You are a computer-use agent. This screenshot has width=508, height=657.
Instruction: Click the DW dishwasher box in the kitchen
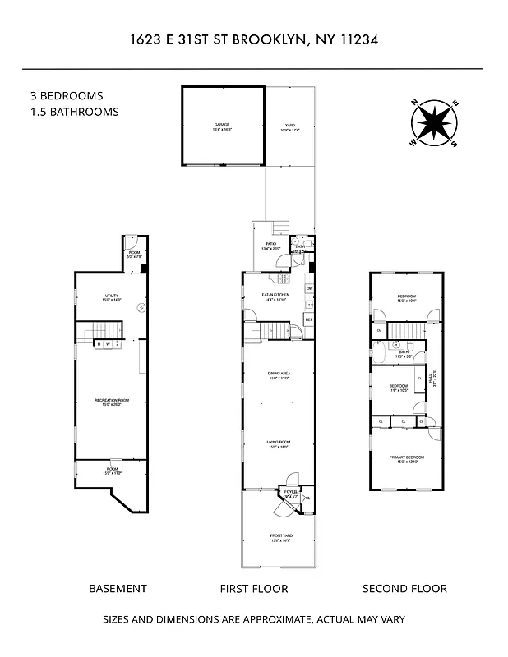tap(309, 289)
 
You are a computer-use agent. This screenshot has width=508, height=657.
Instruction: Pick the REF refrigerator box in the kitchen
tap(309, 319)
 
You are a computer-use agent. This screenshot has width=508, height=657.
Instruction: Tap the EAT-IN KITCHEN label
tap(275, 297)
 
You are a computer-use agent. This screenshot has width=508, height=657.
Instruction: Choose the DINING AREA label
tap(278, 376)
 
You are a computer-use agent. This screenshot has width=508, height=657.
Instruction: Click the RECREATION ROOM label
tap(112, 402)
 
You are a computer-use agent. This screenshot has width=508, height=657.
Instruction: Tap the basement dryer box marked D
tap(98, 345)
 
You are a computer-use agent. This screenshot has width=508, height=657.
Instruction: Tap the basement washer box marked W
tap(109, 345)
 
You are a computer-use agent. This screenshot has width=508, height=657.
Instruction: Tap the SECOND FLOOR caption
tap(405, 588)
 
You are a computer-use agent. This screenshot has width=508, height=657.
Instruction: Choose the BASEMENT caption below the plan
tap(118, 588)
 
